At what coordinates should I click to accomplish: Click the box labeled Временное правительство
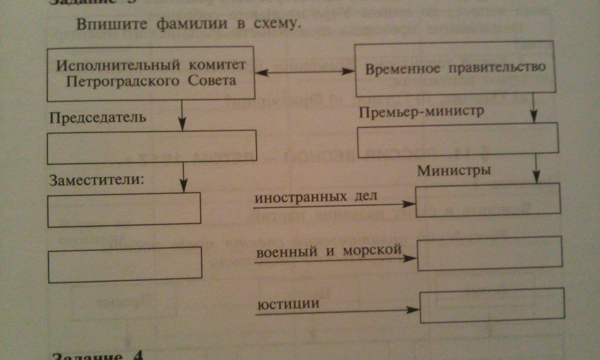click(455, 70)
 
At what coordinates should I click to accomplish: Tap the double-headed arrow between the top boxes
click(304, 73)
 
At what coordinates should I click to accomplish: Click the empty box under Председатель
click(152, 147)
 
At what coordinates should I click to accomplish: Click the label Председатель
click(97, 118)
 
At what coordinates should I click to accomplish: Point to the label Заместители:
click(96, 180)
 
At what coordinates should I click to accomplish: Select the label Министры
click(454, 170)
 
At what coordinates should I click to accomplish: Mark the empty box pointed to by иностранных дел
click(488, 200)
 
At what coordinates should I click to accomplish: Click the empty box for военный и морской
click(489, 254)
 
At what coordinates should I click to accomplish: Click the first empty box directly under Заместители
click(124, 210)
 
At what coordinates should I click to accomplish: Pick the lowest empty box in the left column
click(125, 265)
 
